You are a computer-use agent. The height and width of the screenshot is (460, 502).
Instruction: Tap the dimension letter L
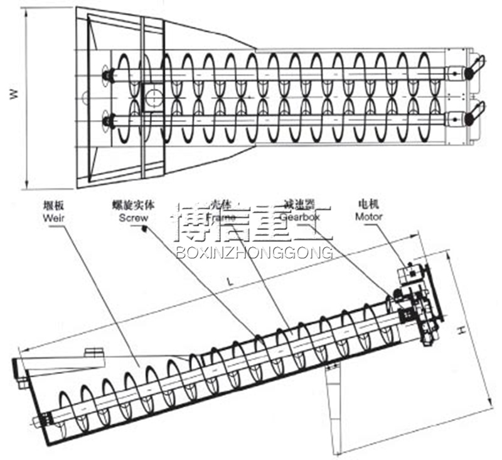click(x=230, y=283)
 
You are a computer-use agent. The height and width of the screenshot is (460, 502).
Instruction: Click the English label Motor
click(x=369, y=216)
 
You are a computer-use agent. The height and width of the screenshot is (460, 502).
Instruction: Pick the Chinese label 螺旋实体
click(x=134, y=205)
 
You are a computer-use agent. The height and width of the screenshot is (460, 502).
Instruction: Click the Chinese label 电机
click(x=368, y=204)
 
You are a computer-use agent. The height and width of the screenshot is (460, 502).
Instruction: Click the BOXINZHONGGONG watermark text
click(x=254, y=252)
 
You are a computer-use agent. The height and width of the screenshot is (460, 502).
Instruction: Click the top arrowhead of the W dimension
click(x=27, y=11)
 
